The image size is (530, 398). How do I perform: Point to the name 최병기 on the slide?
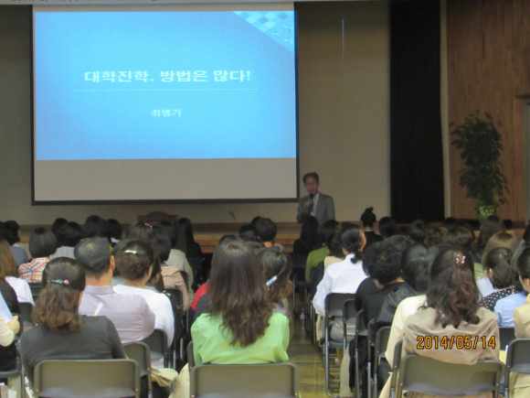[x=166, y=113]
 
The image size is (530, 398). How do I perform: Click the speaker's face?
[x=311, y=185]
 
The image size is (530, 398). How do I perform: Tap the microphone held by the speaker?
[x=311, y=199]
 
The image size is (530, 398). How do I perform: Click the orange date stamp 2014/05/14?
[x=456, y=342]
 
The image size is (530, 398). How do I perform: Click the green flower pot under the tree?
[x=485, y=210]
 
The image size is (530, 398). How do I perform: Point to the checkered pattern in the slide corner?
[x=267, y=27]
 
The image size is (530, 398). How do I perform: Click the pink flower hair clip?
[x=460, y=260]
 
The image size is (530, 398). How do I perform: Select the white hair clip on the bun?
[x=131, y=252]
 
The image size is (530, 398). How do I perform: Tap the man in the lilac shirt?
[x=111, y=295]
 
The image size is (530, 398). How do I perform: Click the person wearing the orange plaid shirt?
[x=37, y=254]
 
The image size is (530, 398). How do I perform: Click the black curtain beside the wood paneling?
[x=417, y=112]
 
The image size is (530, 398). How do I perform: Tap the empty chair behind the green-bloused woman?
[x=244, y=380]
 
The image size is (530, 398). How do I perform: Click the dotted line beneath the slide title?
[x=164, y=90]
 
